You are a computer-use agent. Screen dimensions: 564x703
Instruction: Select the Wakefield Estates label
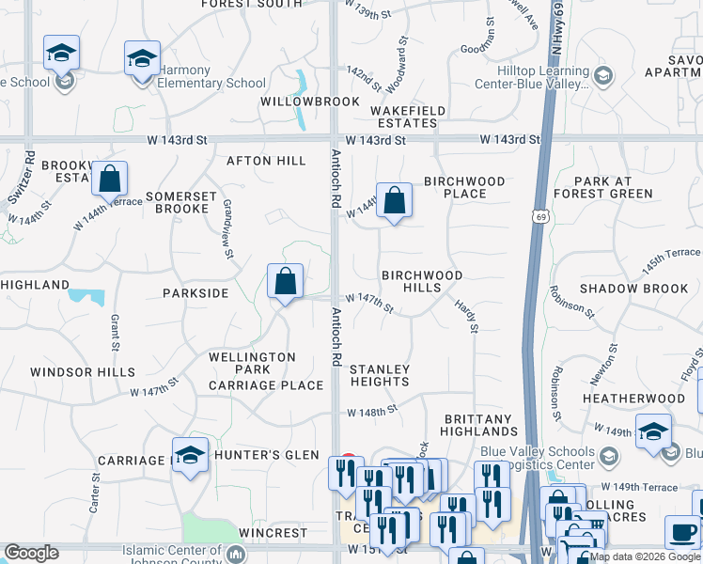[408, 117]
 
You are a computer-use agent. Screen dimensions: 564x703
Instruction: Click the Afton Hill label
[267, 161]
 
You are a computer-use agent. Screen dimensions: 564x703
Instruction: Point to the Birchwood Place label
[464, 187]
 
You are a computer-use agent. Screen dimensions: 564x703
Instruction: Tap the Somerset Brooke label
[177, 202]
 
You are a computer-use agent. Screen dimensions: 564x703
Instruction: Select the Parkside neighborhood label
[195, 293]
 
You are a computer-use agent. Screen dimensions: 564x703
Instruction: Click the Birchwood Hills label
[422, 281]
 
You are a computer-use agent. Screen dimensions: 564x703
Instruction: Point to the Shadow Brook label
[634, 289]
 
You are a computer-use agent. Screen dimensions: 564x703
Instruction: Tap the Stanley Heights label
[380, 375]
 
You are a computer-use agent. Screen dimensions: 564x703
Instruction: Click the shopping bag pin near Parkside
[285, 282]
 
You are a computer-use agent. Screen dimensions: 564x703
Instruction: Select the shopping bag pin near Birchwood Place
[395, 201]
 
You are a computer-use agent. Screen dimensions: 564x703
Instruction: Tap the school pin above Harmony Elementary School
[142, 58]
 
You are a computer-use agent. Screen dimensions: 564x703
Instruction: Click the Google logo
[31, 553]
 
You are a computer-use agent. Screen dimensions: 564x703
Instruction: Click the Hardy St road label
[466, 316]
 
